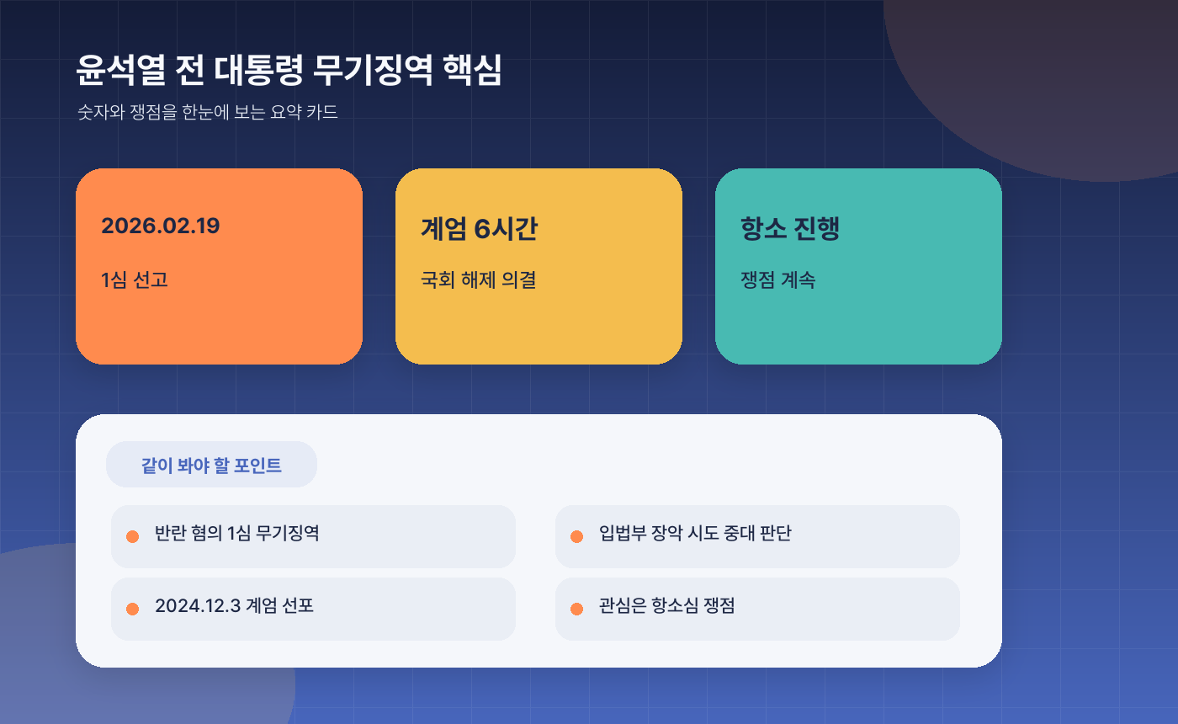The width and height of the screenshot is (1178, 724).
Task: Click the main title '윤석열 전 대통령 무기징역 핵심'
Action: click(289, 71)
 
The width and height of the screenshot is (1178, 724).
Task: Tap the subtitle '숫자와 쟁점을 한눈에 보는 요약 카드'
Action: click(207, 112)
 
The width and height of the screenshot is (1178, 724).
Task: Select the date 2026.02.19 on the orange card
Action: click(160, 226)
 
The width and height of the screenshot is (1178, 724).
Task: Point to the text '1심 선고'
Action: click(135, 279)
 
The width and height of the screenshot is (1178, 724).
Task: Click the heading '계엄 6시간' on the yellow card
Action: click(479, 228)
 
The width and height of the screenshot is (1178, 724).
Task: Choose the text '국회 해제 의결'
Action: click(478, 279)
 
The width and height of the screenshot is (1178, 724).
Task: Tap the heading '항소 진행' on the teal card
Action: click(790, 228)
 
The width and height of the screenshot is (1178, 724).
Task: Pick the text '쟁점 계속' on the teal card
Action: click(777, 279)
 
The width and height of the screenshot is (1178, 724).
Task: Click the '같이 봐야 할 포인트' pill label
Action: click(211, 465)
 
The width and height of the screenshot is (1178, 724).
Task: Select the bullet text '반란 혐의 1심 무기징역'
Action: click(236, 533)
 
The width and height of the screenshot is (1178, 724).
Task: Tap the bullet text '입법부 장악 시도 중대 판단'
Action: click(695, 533)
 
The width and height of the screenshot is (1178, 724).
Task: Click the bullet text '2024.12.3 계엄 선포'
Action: click(234, 605)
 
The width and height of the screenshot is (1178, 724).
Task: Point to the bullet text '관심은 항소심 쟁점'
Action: click(666, 605)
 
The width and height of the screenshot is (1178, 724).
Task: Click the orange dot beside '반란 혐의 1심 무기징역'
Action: click(132, 536)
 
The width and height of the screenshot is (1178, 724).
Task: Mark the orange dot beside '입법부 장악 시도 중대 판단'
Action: click(576, 536)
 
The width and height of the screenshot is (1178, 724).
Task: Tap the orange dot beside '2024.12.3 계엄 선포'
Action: click(132, 609)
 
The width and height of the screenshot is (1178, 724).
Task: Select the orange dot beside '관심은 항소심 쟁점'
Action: click(576, 609)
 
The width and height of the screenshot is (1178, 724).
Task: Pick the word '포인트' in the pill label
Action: click(257, 465)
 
